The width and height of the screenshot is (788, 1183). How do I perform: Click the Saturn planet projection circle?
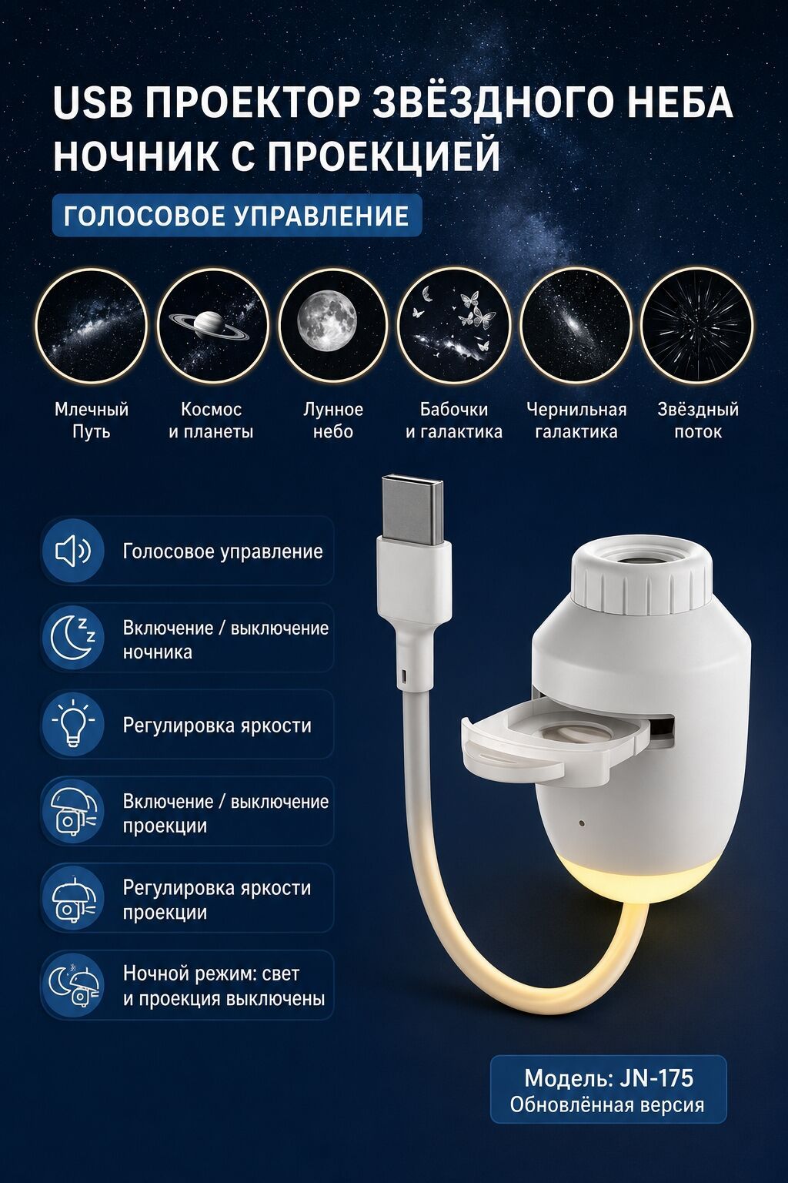pos(212,325)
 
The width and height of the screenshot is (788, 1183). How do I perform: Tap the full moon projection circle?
pos(333,325)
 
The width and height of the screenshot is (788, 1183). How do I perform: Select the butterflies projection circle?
pos(453,325)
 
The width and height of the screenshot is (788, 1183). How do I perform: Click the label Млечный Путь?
pos(92,421)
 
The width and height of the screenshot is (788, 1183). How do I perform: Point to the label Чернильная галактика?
pos(576,421)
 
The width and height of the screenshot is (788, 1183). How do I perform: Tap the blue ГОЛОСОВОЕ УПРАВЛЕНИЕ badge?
pos(237,215)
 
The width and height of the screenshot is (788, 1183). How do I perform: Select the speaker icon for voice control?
pos(73,551)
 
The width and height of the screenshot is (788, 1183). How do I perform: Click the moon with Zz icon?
pos(73,638)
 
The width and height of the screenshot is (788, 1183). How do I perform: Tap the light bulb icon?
pos(73,724)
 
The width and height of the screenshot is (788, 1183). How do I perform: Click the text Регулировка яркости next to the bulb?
pos(217,725)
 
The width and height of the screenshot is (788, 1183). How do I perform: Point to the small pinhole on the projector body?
pos(582,823)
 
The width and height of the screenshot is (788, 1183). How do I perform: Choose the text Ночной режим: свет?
pos(211,973)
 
